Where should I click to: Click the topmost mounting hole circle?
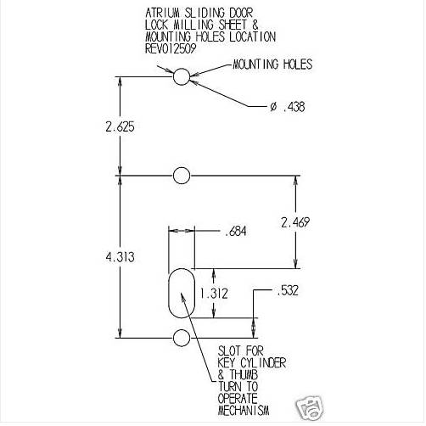[173, 76]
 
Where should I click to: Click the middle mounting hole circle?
[173, 176]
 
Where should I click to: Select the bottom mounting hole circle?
[173, 338]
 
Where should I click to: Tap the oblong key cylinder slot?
[168, 293]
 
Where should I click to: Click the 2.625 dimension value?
[120, 126]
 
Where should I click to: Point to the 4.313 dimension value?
[120, 257]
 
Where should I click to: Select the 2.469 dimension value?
[295, 222]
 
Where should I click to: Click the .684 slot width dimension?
[236, 231]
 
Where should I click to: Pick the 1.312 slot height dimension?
[214, 294]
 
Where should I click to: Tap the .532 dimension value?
[288, 290]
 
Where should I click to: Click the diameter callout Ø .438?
[288, 107]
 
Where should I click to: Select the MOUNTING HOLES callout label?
[272, 64]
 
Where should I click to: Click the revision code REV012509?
[171, 48]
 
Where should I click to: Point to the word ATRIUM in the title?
[163, 13]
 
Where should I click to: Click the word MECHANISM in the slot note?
[244, 410]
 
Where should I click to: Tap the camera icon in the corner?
[310, 409]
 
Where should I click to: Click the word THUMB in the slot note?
[244, 374]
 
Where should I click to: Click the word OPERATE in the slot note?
[238, 398]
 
